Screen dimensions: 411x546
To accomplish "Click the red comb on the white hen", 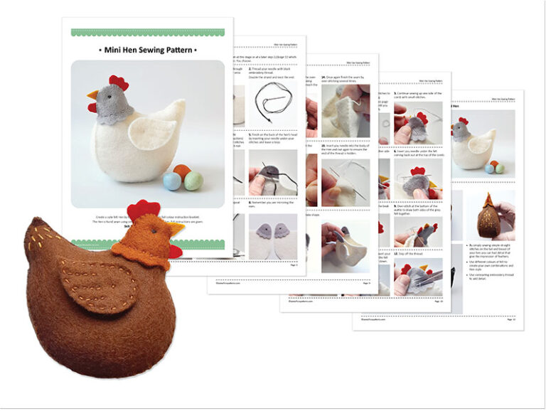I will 119,83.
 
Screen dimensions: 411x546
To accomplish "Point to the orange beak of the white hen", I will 92,95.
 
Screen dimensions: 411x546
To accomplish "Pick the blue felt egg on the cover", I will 173,181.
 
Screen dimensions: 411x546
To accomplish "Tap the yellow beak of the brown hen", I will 176,228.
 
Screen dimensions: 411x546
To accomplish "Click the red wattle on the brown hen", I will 173,251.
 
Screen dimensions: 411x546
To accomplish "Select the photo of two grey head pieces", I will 273,235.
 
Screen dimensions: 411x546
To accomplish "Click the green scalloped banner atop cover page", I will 148,33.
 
